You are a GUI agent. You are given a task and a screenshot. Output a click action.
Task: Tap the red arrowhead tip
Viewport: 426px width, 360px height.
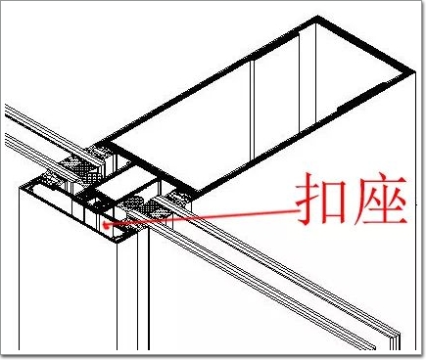coord(103,224)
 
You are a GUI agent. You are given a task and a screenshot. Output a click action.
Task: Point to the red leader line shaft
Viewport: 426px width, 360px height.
coord(202,217)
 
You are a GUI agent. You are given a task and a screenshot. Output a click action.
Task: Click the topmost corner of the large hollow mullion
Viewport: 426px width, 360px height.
coord(317,18)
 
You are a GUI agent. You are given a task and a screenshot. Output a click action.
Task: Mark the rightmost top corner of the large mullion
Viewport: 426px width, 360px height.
coord(414,72)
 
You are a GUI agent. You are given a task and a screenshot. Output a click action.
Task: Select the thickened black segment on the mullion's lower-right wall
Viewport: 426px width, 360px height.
coord(360,97)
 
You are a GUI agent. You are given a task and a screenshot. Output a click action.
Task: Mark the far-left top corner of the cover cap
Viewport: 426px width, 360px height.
coord(21,187)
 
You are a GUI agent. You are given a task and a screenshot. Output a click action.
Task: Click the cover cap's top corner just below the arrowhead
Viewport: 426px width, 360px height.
coord(117,242)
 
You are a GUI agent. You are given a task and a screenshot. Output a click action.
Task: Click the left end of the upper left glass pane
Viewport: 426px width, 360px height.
coord(6,111)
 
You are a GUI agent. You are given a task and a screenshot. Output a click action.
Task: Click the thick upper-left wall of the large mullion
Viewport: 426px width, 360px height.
coord(209,81)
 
